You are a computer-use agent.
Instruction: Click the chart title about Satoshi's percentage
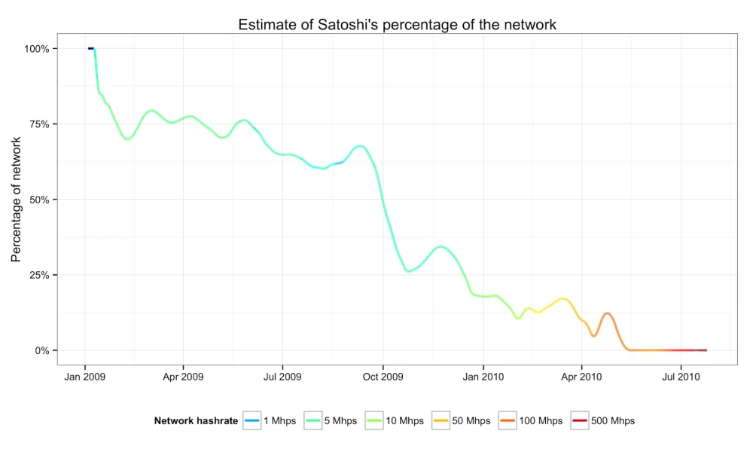(397, 24)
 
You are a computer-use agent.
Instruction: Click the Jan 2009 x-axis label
(85, 375)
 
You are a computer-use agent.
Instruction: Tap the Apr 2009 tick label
(183, 375)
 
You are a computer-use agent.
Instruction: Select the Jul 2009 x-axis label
(282, 375)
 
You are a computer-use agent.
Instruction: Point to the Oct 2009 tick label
(383, 375)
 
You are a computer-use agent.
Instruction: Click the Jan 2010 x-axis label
(483, 375)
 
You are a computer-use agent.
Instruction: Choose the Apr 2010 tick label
(581, 375)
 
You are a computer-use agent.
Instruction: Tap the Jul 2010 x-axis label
(681, 375)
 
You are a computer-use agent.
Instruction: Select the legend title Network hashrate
(196, 421)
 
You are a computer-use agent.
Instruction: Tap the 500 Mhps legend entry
(613, 421)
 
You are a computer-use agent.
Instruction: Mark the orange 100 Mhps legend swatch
(507, 421)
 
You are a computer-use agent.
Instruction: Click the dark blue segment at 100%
(90, 48)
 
